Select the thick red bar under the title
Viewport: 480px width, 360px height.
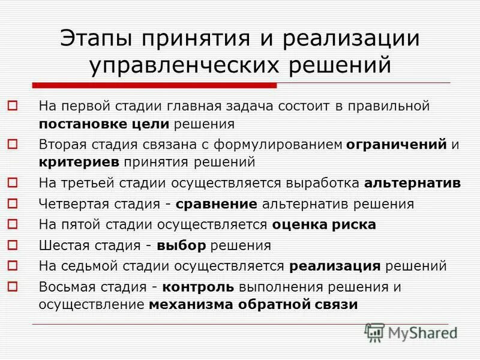click(x=154, y=85)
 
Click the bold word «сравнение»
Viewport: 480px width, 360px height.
click(x=217, y=203)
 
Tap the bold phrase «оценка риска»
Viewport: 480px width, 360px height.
click(x=324, y=224)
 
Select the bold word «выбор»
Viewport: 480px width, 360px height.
click(x=181, y=245)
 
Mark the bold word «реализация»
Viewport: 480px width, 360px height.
click(x=335, y=266)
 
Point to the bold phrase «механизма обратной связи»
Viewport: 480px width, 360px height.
click(x=253, y=304)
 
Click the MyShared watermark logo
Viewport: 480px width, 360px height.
click(x=411, y=332)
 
